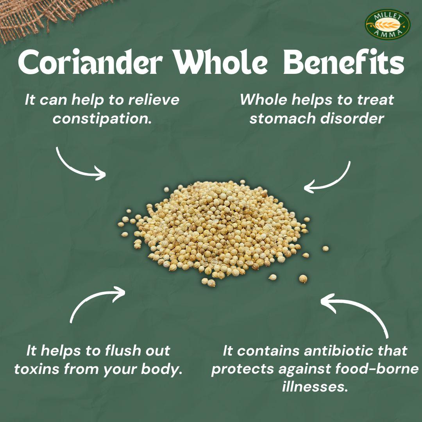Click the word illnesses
[315, 388]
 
